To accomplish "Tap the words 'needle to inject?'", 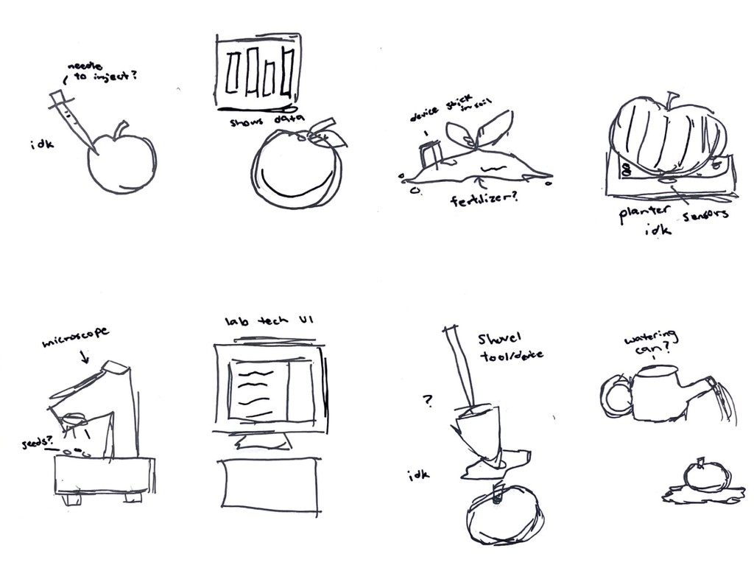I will (x=99, y=71).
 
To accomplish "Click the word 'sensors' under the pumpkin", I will (x=705, y=214).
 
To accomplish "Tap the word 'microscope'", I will (x=76, y=337).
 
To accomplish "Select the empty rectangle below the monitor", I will (x=271, y=482).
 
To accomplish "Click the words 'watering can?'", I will (x=650, y=343).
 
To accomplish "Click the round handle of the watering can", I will (x=616, y=396).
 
